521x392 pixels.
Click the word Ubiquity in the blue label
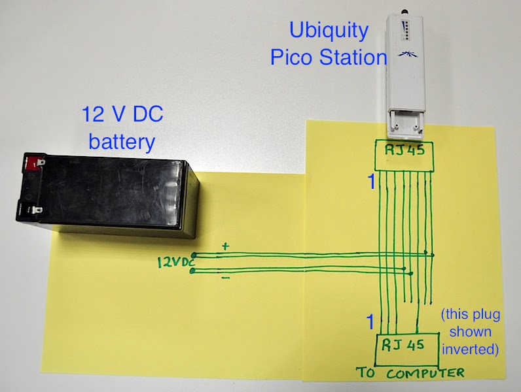(x=329, y=31)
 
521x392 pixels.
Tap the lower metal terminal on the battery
(x=35, y=210)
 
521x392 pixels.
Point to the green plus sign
(x=226, y=246)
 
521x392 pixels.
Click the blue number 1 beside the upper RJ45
(x=371, y=184)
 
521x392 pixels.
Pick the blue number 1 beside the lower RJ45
(x=370, y=321)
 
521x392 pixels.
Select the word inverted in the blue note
(x=471, y=350)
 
